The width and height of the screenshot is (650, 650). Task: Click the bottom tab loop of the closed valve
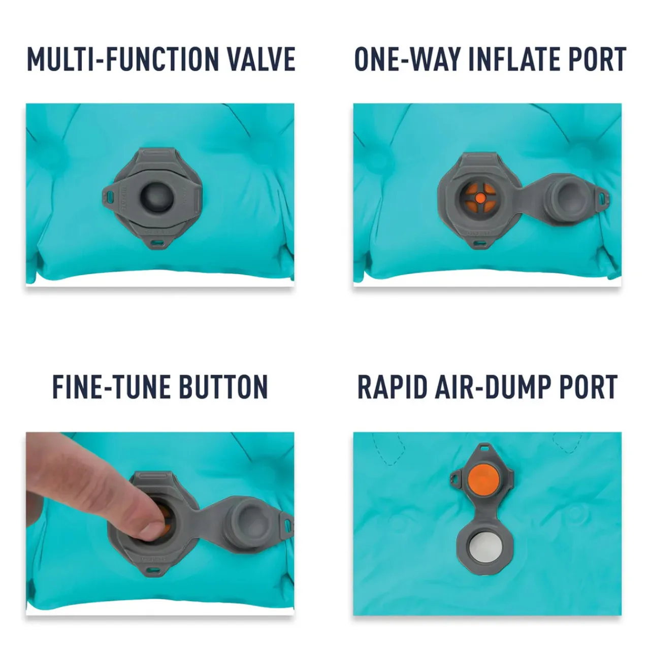[156, 243]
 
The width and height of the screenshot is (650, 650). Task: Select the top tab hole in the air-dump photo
[485, 448]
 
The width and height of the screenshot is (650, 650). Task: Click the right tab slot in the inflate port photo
[603, 197]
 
